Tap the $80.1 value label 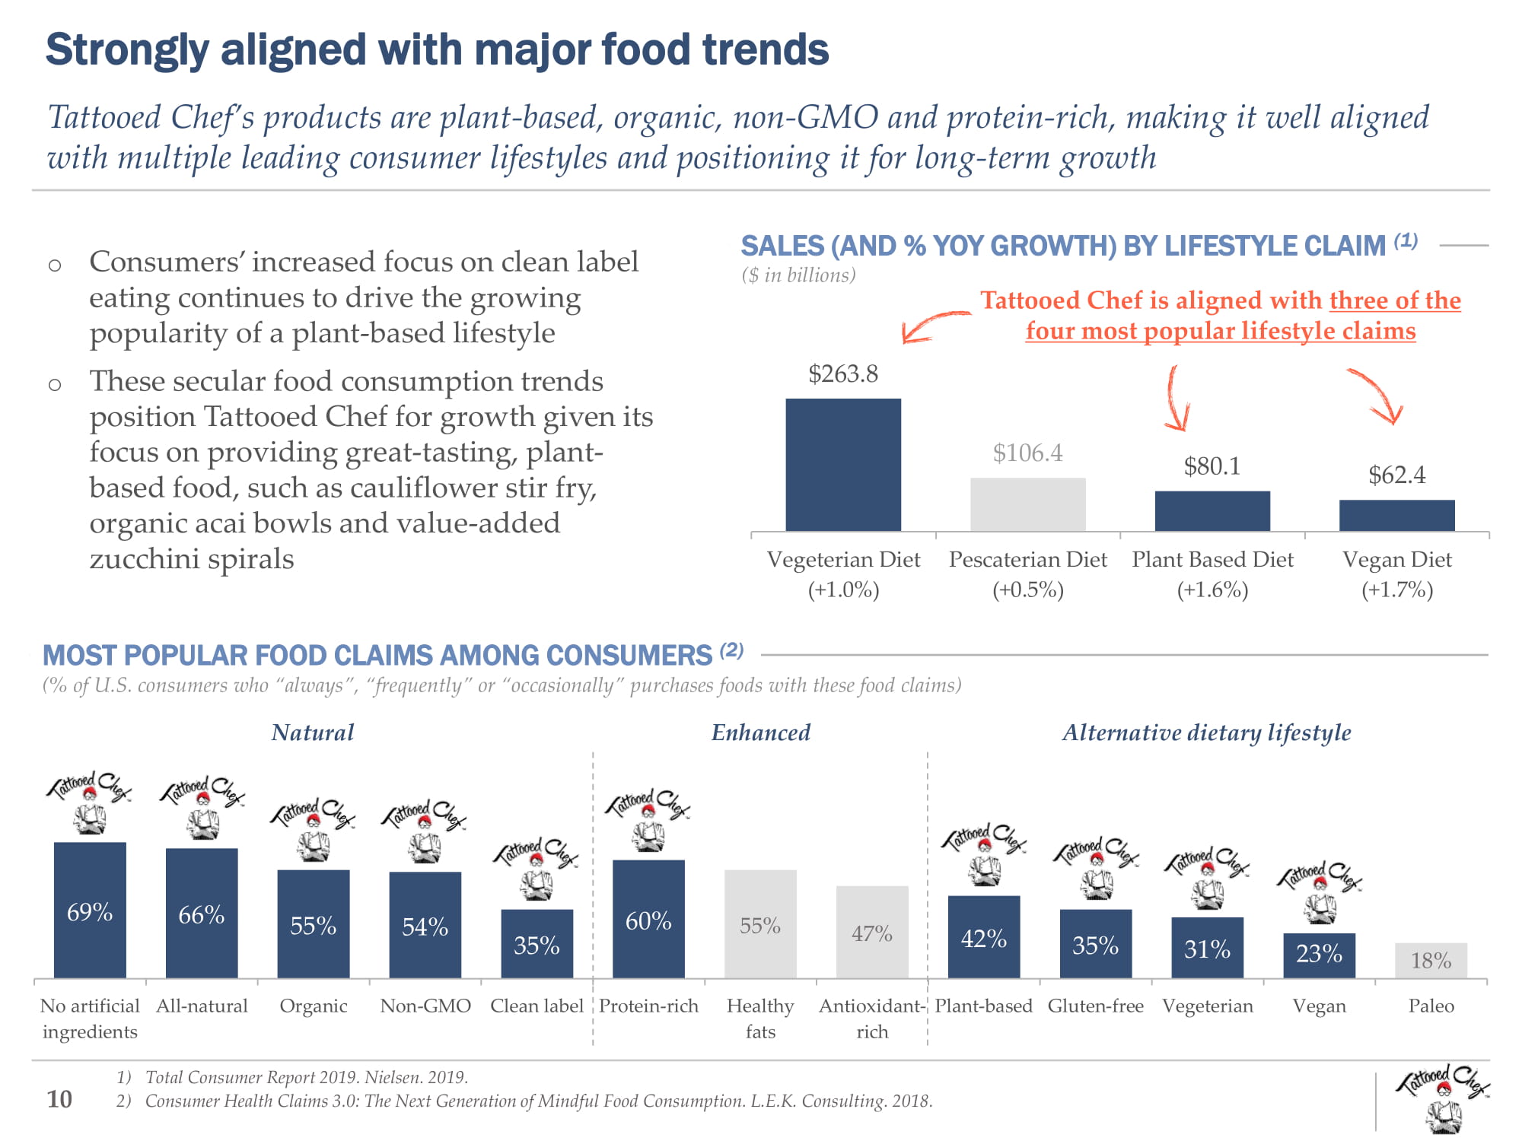1212,466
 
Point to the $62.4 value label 1396,475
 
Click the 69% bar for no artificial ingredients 90,909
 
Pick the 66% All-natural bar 202,912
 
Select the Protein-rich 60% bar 648,918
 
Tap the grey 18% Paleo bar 1431,960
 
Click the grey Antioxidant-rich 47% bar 872,932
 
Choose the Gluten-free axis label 1095,1006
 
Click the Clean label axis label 537,1006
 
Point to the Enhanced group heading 760,733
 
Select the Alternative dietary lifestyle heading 1206,733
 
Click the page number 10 59,1098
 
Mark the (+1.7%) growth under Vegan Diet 1396,590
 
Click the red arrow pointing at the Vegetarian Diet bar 932,326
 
